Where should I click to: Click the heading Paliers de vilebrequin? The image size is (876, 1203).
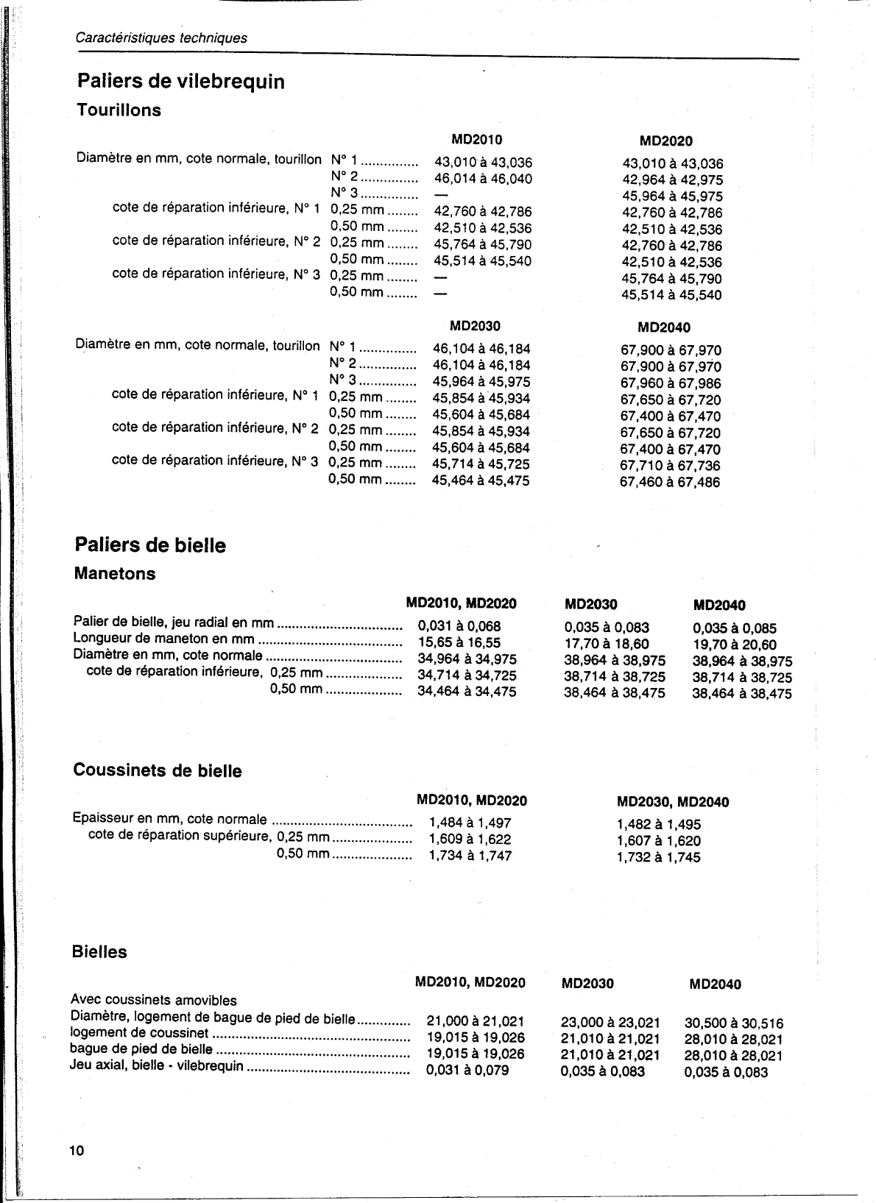pos(180,82)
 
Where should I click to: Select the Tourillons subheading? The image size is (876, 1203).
pos(119,110)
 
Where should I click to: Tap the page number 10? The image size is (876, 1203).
pos(77,1151)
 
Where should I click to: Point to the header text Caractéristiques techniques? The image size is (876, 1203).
pos(161,38)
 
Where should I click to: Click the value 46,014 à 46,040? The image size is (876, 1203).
pos(483,179)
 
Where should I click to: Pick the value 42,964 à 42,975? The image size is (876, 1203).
pos(673,180)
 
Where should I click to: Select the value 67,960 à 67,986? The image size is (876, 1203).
pos(671,383)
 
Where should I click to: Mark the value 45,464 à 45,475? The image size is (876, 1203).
pos(480,481)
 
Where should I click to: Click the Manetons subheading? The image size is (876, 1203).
pos(115,574)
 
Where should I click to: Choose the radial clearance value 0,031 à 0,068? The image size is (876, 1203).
pos(459,626)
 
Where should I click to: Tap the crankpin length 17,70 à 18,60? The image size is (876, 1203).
pos(607,644)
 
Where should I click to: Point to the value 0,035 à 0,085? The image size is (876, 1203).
pos(735,629)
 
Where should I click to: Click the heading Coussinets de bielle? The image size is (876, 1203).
pos(158,771)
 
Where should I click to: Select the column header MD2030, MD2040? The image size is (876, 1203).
pos(672,802)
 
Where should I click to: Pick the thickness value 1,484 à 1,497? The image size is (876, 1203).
pos(470,823)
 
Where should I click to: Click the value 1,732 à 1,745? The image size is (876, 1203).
pos(658,857)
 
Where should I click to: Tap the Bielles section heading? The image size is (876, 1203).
pos(99,952)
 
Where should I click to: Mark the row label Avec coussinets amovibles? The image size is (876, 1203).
pos(154,1001)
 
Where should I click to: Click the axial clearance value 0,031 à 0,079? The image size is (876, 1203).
pos(467,1070)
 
